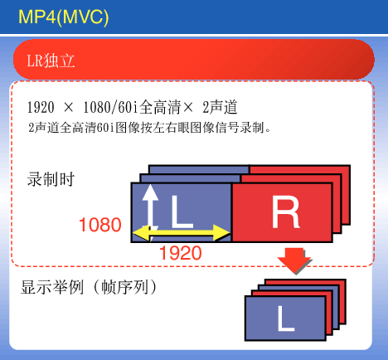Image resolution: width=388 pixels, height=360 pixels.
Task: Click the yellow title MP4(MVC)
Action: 63,17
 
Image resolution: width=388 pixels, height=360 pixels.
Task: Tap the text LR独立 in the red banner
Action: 51,61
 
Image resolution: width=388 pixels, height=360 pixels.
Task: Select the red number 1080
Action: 100,225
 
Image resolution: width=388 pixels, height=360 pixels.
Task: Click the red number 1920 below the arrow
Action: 181,253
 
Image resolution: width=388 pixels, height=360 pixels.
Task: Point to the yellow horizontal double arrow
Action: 182,233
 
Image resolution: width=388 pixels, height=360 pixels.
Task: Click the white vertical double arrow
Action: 150,209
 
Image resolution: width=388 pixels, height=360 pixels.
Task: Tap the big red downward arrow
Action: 294,260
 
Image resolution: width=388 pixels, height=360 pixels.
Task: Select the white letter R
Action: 285,212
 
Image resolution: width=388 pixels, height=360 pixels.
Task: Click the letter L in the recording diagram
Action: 181,212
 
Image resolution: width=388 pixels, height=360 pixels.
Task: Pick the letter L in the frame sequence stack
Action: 286,319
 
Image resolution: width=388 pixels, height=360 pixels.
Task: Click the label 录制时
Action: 51,179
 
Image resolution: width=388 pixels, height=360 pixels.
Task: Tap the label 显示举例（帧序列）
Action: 89,287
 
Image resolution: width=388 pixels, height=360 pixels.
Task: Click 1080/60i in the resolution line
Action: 110,107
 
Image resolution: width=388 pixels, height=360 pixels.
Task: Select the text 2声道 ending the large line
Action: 220,107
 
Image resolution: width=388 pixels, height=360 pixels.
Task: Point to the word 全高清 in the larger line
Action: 160,107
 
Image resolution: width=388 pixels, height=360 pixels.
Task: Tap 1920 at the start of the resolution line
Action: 41,107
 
